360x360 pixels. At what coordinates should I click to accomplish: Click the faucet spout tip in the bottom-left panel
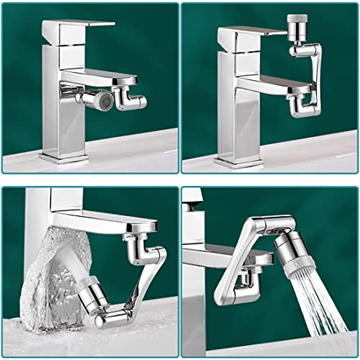(141, 226)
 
